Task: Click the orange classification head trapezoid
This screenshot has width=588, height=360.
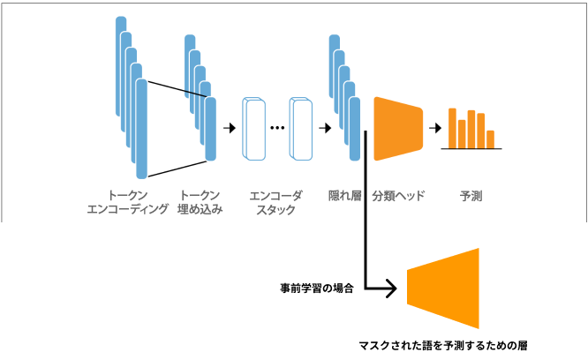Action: tap(397, 128)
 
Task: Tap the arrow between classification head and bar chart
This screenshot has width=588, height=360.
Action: tap(434, 128)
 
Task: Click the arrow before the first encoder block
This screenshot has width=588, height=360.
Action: tap(230, 128)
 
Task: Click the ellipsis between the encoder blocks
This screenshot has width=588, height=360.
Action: tap(277, 128)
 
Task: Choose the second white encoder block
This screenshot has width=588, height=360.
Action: tap(301, 129)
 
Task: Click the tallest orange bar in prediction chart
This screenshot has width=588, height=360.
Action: tap(452, 127)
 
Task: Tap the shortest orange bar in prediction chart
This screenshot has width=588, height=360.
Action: tap(491, 139)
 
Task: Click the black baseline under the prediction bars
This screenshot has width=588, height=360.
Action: tap(472, 148)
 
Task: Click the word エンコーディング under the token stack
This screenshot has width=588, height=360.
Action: tap(127, 210)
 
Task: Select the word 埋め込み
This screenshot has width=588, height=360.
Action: tap(200, 210)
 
